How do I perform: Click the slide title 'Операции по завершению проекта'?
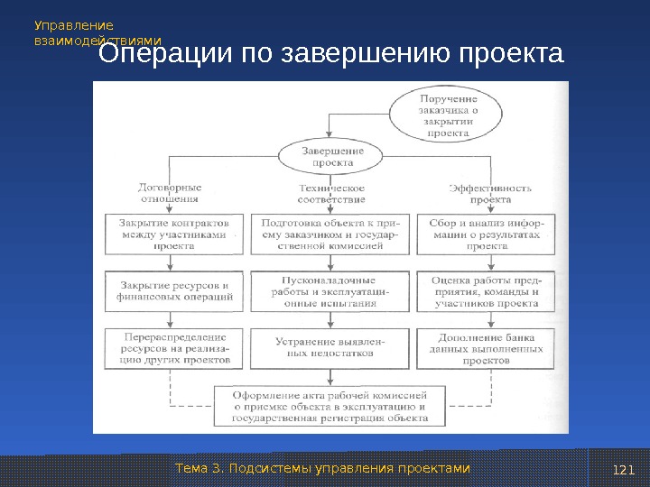click(330, 55)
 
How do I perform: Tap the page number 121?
click(623, 469)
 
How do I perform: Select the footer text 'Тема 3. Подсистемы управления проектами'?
click(322, 468)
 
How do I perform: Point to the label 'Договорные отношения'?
click(169, 193)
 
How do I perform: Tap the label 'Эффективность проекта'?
click(489, 193)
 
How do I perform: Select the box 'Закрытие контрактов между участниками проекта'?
click(173, 233)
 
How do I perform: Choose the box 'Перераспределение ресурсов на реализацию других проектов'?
click(173, 347)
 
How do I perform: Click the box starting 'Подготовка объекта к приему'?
click(330, 233)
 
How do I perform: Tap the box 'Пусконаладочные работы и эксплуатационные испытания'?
click(330, 291)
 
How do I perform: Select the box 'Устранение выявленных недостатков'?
click(330, 347)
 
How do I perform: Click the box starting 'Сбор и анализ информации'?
click(487, 233)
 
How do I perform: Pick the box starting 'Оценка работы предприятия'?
click(486, 291)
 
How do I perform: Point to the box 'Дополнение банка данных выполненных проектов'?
click(486, 347)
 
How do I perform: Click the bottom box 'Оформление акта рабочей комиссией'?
click(330, 406)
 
